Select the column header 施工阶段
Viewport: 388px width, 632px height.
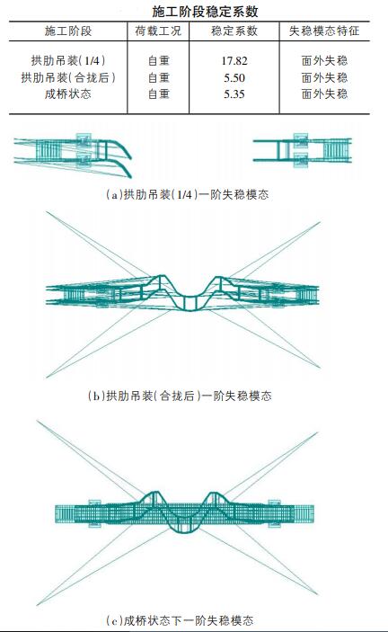pos(68,31)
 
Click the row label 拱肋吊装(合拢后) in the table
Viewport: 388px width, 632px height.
pos(68,78)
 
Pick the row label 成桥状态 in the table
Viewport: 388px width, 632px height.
pos(68,93)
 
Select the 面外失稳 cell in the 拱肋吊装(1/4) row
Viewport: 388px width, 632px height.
pos(324,62)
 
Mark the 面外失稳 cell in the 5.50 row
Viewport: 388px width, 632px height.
pos(324,78)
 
